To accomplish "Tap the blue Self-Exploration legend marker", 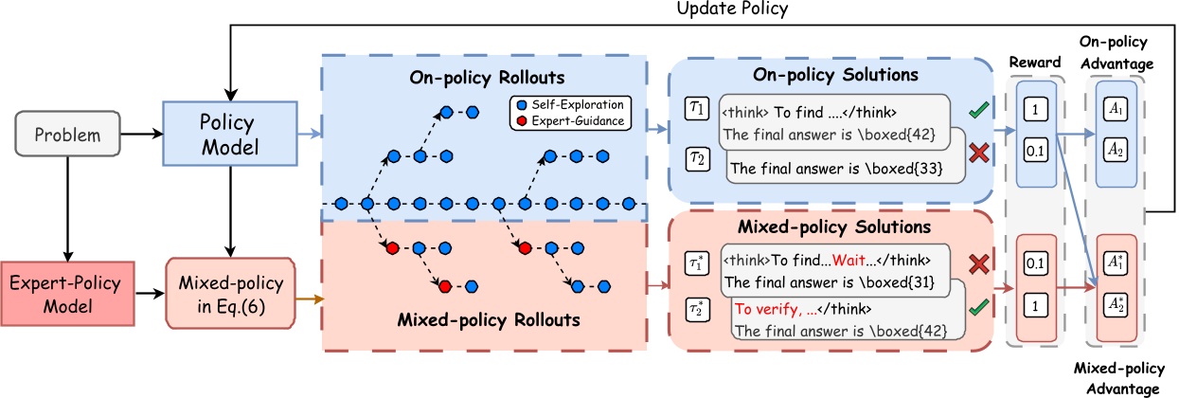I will (519, 102).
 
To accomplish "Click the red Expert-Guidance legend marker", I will (519, 120).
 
